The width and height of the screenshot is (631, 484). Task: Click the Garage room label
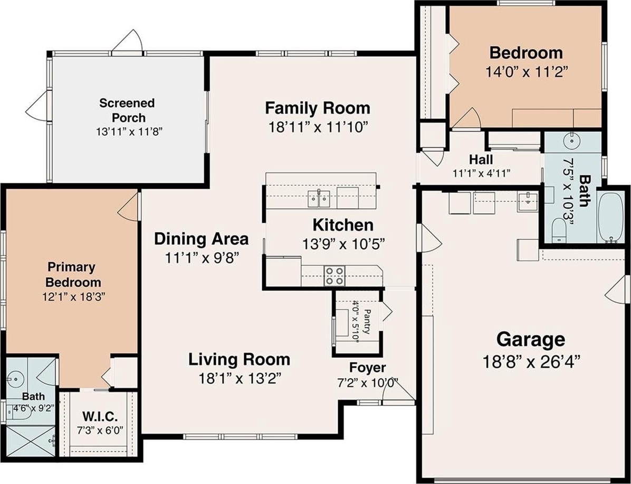click(x=530, y=339)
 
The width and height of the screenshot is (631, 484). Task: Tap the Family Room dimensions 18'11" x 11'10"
click(x=319, y=127)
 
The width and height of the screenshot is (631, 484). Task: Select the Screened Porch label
click(x=127, y=110)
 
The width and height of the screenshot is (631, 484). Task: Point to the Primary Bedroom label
click(x=73, y=274)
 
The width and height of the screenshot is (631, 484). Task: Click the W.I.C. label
click(x=100, y=415)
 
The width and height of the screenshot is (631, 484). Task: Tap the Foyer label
click(x=367, y=368)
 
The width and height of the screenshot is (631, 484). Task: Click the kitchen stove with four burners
click(x=334, y=276)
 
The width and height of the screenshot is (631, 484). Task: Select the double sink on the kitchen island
click(x=319, y=199)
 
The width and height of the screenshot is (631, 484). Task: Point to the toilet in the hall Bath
click(x=559, y=230)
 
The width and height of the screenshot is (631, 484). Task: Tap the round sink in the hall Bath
click(x=571, y=141)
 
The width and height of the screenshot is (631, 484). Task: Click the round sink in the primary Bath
click(x=14, y=378)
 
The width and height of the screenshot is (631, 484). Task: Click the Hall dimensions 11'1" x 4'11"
click(x=481, y=173)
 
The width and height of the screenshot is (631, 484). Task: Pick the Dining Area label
click(x=201, y=239)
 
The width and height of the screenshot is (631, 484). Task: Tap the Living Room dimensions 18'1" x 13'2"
click(x=240, y=378)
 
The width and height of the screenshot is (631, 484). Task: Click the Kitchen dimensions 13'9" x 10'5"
click(x=343, y=244)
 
